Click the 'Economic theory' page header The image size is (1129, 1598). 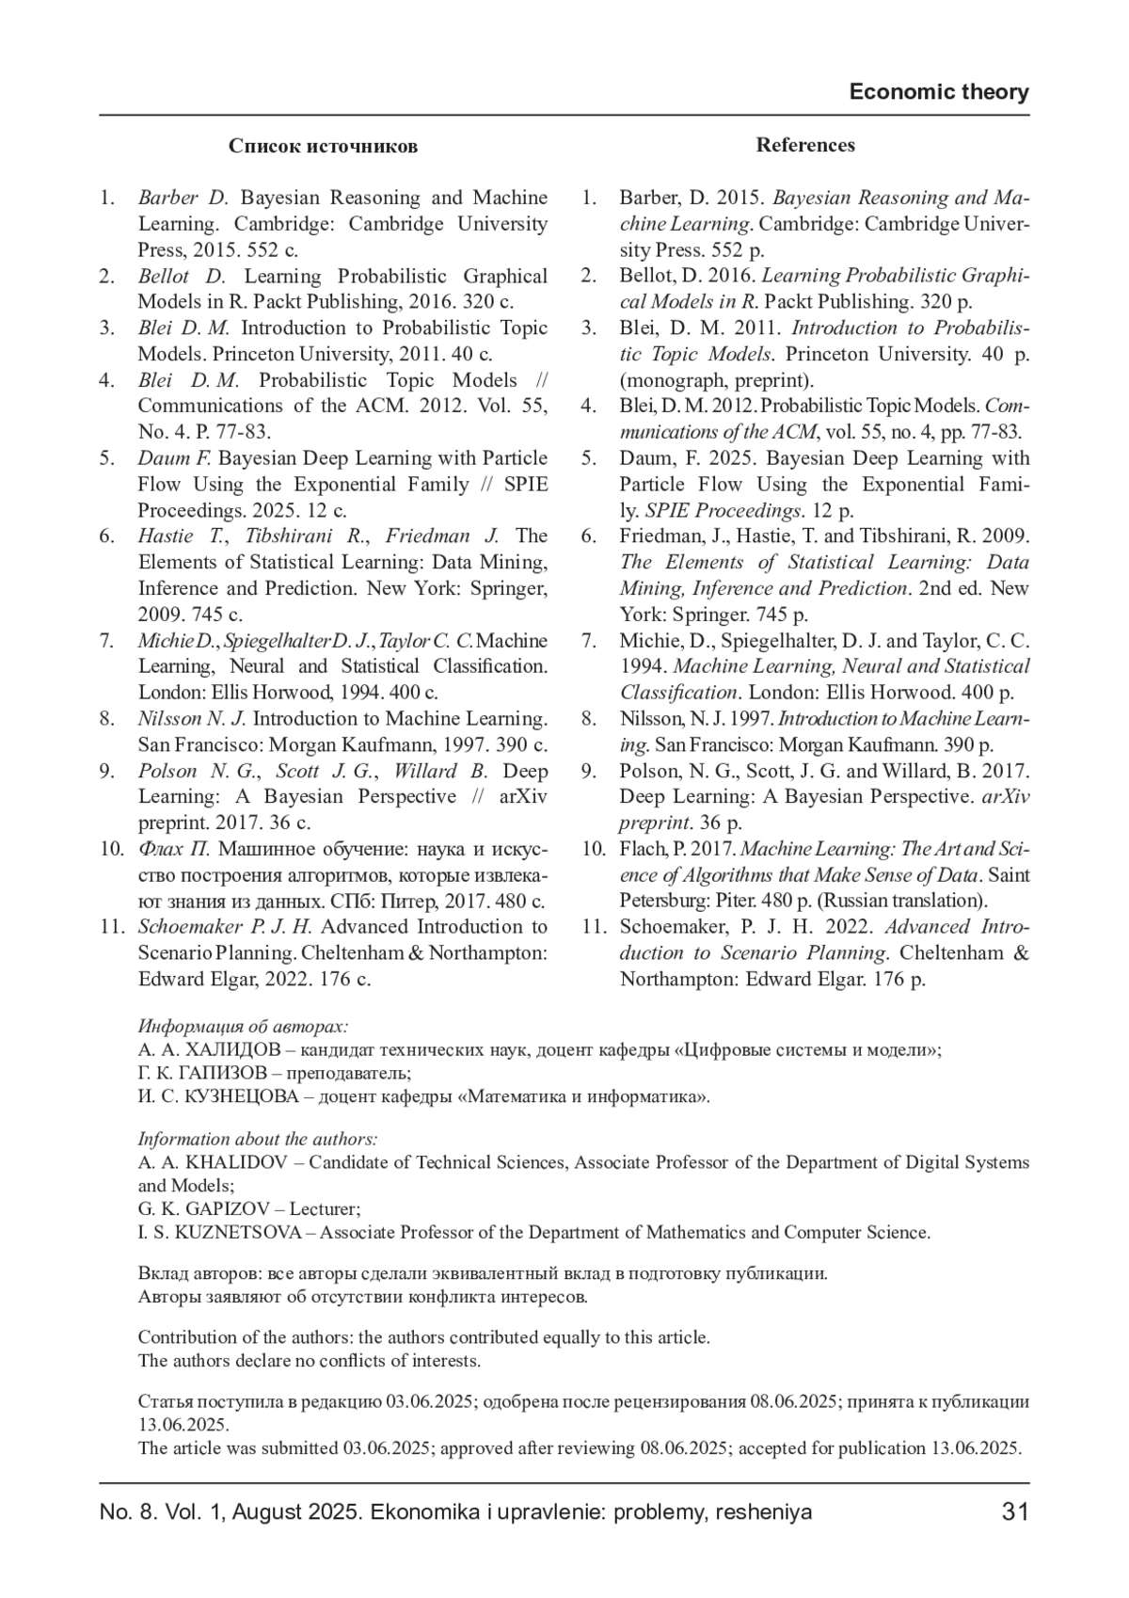point(938,91)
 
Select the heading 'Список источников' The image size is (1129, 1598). point(323,146)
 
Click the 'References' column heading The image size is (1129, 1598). point(805,145)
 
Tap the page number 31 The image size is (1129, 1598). point(1015,1511)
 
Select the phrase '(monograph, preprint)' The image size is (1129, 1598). point(716,380)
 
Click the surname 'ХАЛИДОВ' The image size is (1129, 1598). point(225,1049)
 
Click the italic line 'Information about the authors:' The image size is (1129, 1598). point(258,1139)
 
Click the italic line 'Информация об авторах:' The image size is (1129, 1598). point(243,1026)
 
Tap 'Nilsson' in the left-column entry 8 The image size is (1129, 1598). point(170,719)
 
